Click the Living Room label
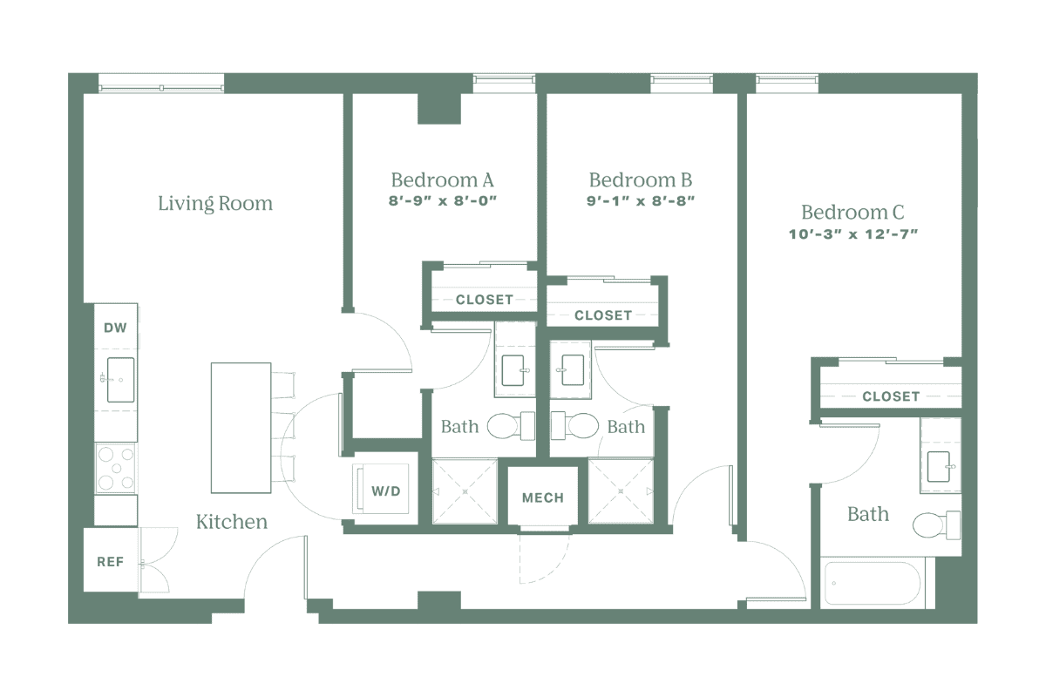point(215,204)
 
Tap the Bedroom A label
point(443,180)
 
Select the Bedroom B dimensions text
point(641,200)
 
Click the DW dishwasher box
point(115,328)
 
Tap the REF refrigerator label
point(110,562)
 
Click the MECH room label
point(542,498)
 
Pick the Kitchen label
point(231,522)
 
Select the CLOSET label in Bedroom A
point(484,300)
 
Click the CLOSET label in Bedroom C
point(890,396)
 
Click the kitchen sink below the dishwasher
point(119,381)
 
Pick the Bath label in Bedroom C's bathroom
point(868,514)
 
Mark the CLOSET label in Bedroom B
point(602,315)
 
